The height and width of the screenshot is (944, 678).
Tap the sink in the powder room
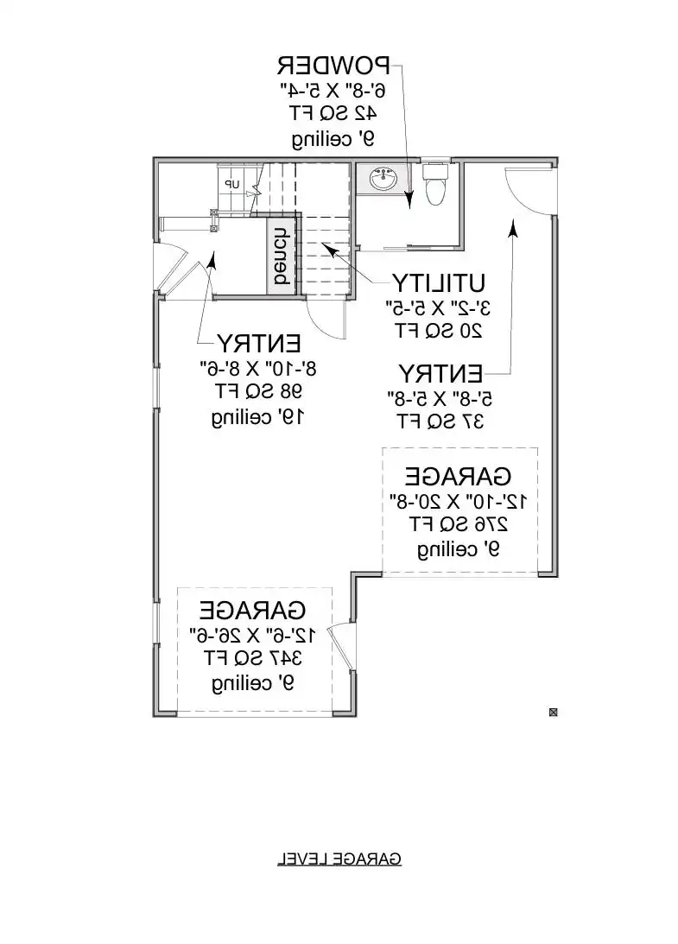pos(382,180)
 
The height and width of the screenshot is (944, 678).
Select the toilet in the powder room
pos(434,184)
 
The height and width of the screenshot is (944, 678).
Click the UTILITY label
pos(439,283)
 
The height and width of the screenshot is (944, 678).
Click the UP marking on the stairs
pos(231,184)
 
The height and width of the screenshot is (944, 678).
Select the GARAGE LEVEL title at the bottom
pos(339,858)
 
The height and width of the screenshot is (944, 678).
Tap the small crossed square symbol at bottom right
pos(554,713)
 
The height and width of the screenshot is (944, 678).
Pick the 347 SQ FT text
pos(252,659)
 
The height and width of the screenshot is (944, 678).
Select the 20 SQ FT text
pos(438,329)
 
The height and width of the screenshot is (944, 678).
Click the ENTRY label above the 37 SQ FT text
pos(440,374)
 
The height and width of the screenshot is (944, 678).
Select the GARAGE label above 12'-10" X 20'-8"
pos(458,476)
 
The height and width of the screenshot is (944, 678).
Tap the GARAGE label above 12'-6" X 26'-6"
pos(253,610)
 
